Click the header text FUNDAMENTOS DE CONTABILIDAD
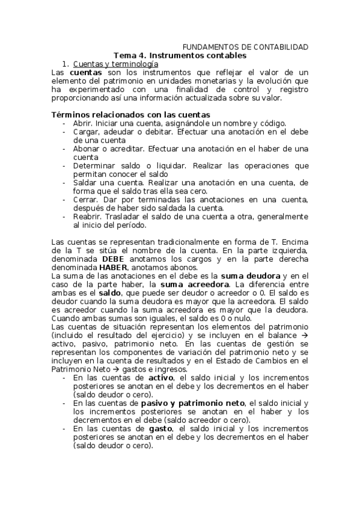coord(245,47)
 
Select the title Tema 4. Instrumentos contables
coord(180,55)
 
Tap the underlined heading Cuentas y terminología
coord(115,64)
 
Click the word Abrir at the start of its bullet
coord(83,123)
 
